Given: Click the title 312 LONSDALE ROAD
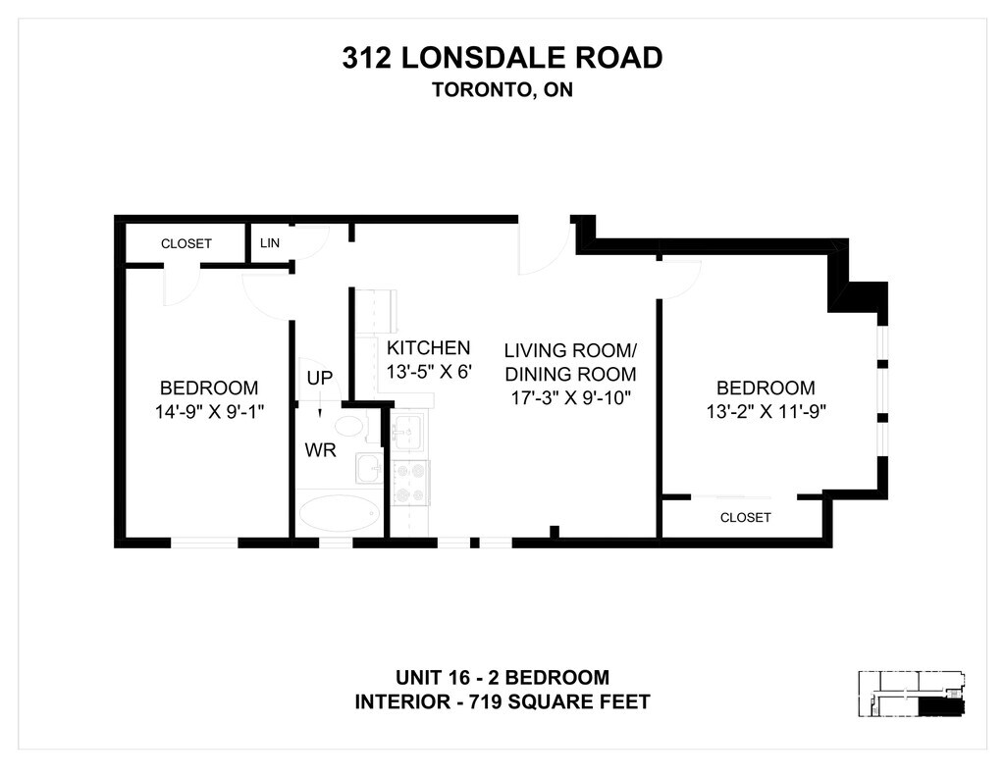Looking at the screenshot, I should click(502, 58).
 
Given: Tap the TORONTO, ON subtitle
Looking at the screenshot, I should click(502, 89).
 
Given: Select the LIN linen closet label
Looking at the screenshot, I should click(269, 242).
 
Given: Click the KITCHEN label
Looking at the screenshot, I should click(429, 347).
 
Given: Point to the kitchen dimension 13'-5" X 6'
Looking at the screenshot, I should click(430, 372).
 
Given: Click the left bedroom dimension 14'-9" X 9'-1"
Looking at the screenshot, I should click(209, 412).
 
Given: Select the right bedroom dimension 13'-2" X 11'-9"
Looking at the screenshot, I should click(766, 412).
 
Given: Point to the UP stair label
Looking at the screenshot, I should click(320, 379).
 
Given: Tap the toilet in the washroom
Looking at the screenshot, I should click(348, 426).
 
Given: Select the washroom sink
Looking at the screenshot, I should click(369, 468).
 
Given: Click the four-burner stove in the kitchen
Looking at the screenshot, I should click(410, 482).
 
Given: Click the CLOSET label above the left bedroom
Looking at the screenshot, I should click(186, 243).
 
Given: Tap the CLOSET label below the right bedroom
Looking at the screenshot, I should click(745, 517).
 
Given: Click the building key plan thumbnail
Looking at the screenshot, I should click(912, 696).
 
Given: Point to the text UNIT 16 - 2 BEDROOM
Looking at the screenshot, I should click(502, 677).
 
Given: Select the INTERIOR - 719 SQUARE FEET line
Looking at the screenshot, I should click(502, 701).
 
